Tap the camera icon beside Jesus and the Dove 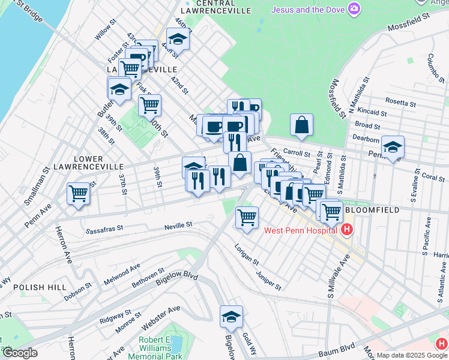(354, 8)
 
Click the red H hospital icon (346, 230)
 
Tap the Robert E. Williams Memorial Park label (160, 347)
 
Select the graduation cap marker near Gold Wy (231, 316)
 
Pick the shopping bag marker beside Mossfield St (302, 125)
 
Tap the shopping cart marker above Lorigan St (247, 217)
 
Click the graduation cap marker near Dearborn (393, 146)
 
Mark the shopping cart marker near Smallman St (79, 194)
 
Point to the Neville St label (178, 225)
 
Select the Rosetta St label (401, 102)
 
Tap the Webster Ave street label (161, 317)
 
